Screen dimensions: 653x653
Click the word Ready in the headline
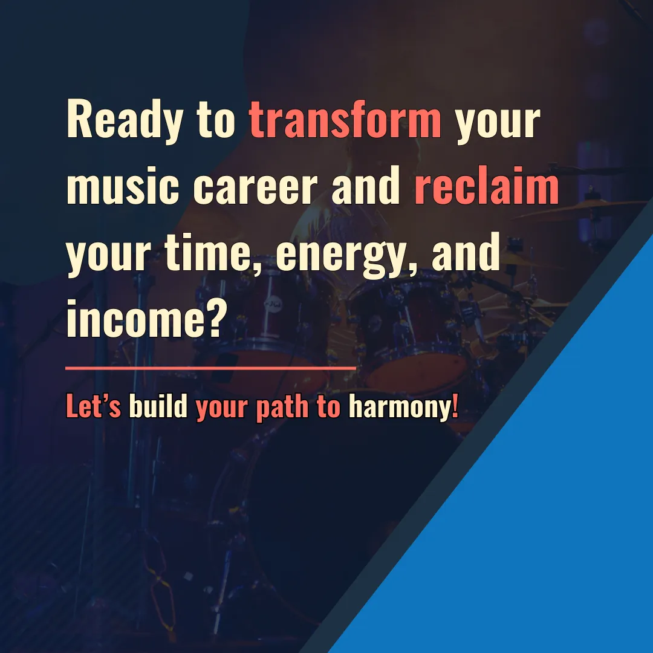(x=125, y=120)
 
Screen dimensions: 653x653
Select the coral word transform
(x=345, y=120)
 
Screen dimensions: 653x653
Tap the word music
(x=123, y=186)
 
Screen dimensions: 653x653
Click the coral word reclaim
(x=486, y=186)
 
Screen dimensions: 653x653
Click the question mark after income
(x=216, y=317)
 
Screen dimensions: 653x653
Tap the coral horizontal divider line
(x=211, y=368)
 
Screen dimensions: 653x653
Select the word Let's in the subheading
(x=94, y=406)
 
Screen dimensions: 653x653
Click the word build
(x=158, y=406)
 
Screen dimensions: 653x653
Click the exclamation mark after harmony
(x=455, y=406)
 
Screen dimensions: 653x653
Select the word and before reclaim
(x=366, y=186)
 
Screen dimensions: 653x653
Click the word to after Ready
(x=216, y=122)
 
